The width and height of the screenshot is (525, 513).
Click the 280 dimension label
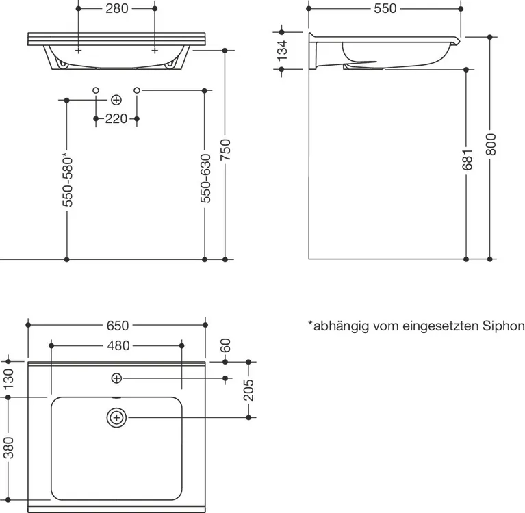117,8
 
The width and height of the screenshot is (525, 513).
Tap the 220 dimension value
116,119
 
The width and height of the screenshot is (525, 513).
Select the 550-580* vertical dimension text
68,179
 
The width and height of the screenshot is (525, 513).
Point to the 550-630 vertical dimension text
205,178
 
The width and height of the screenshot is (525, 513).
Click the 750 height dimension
226,150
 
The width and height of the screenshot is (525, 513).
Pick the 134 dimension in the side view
283,50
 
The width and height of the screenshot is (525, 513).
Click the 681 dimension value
467,159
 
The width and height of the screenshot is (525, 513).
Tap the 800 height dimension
491,144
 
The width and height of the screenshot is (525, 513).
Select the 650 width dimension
118,326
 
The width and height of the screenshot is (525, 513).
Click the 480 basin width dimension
118,345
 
